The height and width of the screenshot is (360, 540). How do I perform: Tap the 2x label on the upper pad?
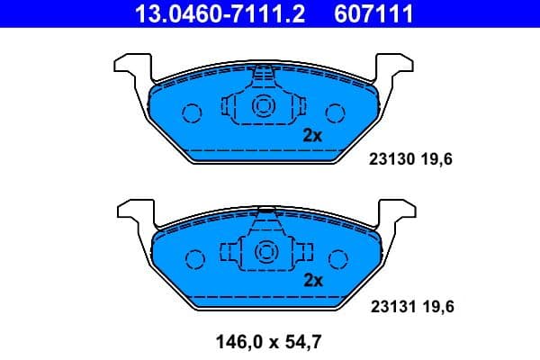[x=312, y=136]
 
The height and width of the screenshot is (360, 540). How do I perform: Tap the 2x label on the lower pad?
[x=312, y=280]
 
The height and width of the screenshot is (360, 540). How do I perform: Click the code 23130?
[x=390, y=159]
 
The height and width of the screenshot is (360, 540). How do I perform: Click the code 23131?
[x=390, y=307]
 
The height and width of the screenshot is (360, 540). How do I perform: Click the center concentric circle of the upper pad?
[x=265, y=106]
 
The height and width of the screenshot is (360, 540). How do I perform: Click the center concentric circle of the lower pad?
[x=265, y=253]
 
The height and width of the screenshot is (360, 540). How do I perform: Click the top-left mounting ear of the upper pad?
[x=129, y=66]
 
